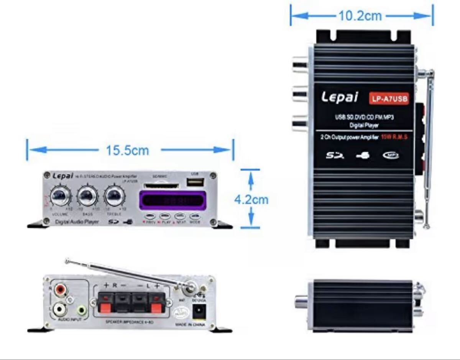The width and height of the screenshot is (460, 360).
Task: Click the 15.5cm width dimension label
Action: (127, 150)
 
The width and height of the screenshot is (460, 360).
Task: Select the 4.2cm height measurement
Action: (251, 200)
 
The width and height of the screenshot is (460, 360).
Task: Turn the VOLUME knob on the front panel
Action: (61, 196)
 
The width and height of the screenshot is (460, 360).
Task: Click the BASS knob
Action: (87, 196)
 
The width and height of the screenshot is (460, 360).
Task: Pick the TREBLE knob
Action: (113, 196)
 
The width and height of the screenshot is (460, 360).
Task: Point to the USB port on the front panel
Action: (195, 182)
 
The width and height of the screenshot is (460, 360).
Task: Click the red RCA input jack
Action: (60, 289)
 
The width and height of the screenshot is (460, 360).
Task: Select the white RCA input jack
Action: (60, 307)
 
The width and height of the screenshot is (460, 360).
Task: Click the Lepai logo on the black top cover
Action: (340, 97)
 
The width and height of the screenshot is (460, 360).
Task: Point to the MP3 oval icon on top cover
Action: (391, 155)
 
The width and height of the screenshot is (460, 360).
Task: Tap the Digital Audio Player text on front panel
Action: (77, 222)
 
